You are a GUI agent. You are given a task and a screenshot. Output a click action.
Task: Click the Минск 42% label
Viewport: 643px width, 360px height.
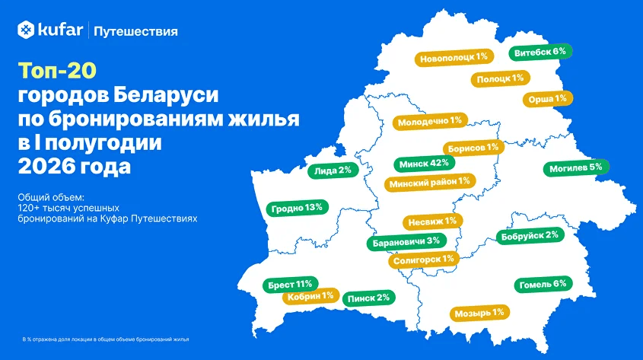(424, 164)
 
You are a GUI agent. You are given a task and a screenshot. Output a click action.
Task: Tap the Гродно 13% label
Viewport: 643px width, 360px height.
(297, 208)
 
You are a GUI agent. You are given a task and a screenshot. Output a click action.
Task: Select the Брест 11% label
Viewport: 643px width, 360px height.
(291, 285)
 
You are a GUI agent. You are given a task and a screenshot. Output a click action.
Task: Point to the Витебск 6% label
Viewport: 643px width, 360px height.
(540, 52)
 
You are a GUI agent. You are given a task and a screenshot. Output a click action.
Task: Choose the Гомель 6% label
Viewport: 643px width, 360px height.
(543, 284)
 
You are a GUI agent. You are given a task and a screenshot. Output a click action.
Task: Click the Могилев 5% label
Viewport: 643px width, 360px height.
(576, 167)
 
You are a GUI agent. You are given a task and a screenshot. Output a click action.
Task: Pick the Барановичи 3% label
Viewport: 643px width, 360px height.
(406, 242)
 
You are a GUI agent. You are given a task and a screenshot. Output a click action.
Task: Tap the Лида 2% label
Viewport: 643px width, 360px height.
(333, 170)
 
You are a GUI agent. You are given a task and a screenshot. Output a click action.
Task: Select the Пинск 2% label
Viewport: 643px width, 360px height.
(368, 298)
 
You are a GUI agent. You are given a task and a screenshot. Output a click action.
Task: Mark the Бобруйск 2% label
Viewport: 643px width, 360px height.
(530, 236)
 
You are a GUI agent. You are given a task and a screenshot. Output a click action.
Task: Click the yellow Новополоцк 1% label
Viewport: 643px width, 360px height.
(454, 58)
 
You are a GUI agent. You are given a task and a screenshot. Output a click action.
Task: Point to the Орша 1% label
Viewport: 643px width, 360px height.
(547, 99)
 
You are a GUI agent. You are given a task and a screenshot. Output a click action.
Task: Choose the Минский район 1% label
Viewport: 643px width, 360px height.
(430, 183)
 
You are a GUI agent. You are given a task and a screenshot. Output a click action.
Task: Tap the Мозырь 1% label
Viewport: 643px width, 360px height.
(479, 314)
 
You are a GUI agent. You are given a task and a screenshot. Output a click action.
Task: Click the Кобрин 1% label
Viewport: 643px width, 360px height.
(310, 296)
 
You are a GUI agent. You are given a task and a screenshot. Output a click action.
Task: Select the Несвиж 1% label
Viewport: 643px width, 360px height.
(433, 221)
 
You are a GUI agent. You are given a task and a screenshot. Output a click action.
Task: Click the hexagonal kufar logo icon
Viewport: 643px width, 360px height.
(26, 30)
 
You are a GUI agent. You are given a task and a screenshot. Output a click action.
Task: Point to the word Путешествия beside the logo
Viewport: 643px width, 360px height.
(135, 31)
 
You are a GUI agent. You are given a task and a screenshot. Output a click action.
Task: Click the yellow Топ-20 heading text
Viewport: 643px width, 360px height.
(57, 71)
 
